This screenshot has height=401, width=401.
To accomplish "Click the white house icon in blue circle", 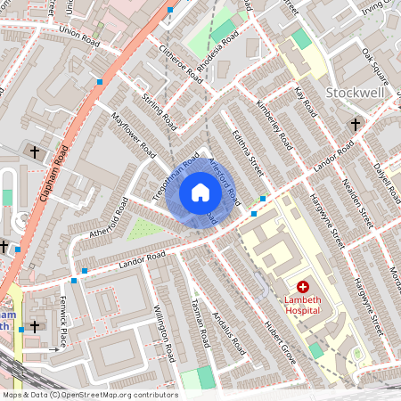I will click(200, 192).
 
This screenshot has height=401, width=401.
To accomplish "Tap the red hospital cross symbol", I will click(303, 287).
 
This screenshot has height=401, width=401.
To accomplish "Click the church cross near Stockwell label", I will click(355, 124).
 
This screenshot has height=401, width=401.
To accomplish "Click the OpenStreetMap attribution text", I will click(89, 394).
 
